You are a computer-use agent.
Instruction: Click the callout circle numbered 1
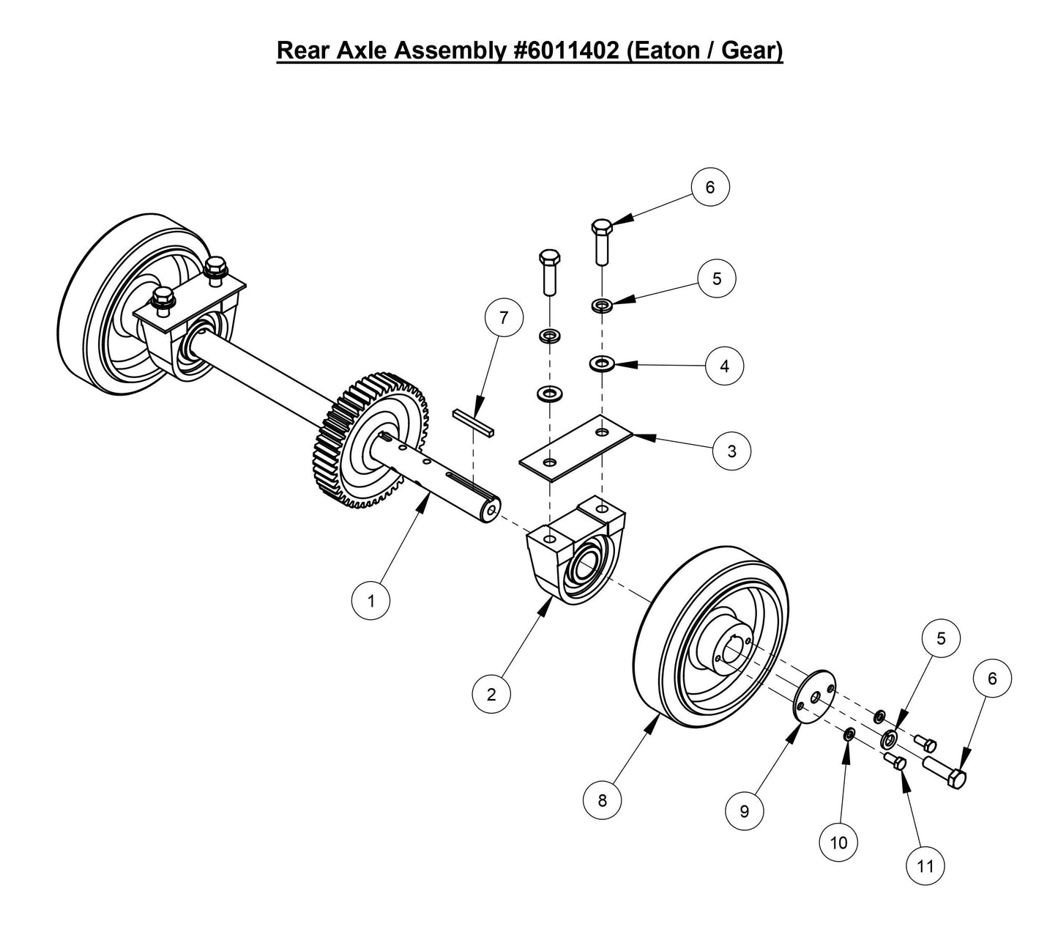coord(371,601)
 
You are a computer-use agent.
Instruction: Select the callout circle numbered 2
coord(491,694)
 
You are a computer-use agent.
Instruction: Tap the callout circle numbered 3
coord(731,451)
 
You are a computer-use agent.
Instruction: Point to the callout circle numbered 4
coord(725,366)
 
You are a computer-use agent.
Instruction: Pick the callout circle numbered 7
coord(504,319)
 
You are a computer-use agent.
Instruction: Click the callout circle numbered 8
coord(602,800)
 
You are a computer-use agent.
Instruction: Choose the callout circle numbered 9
coord(745,810)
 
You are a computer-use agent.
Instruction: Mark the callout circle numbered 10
coord(838,842)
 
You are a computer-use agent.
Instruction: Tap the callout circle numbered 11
coord(925,865)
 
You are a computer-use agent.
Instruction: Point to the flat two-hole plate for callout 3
coord(575,448)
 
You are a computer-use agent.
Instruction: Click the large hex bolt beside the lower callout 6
coord(945,772)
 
